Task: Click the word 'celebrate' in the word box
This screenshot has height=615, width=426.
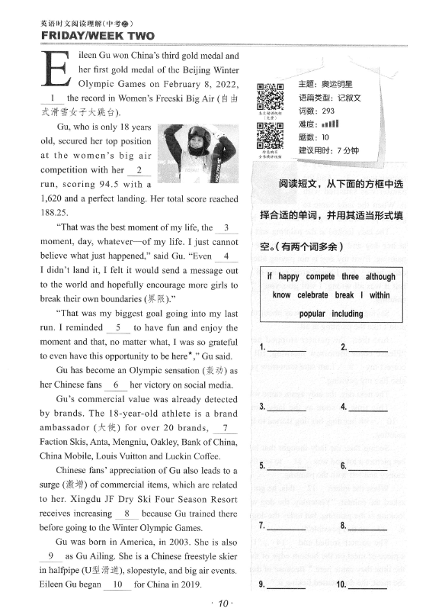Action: tap(319, 295)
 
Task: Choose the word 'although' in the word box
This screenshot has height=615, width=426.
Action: tap(380, 277)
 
